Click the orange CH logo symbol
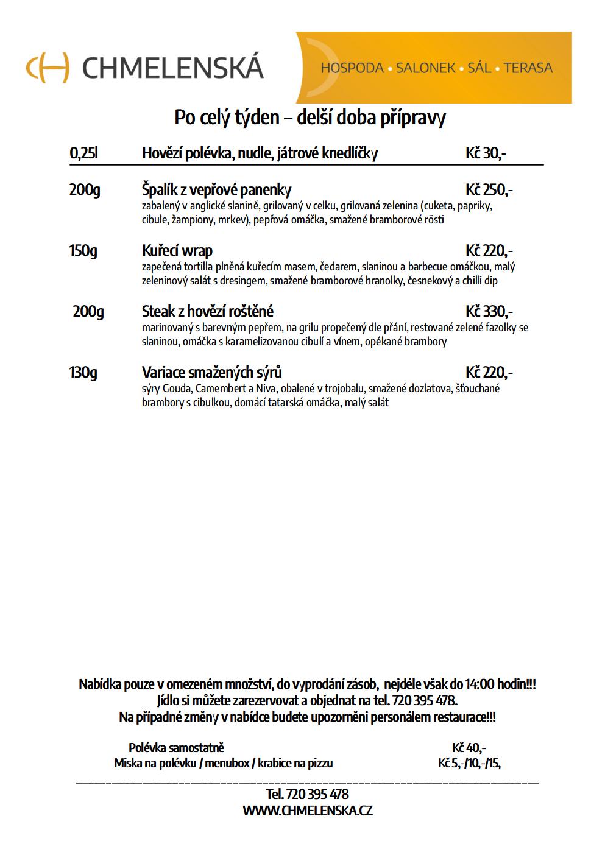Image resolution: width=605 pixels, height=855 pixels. (x=48, y=67)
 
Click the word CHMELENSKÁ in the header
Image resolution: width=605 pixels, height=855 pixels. (x=172, y=68)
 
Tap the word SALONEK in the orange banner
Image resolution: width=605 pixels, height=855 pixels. (x=425, y=68)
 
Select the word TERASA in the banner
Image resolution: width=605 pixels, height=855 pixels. (x=528, y=68)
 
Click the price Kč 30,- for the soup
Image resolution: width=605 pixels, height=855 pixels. (x=486, y=153)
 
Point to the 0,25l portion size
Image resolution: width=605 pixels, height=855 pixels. (x=83, y=153)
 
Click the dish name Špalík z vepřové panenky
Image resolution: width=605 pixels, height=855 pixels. (x=216, y=190)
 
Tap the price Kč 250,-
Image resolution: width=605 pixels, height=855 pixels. (x=489, y=190)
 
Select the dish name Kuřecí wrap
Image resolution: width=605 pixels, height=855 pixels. (x=177, y=251)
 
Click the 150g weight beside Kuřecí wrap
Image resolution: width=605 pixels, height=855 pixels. (x=83, y=251)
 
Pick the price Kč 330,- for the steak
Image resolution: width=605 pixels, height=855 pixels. (x=489, y=312)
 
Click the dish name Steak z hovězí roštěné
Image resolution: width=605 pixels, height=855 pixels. (x=208, y=312)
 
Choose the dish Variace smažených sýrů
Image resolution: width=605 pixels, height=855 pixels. (x=212, y=372)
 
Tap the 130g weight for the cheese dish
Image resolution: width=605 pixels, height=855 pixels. (x=83, y=372)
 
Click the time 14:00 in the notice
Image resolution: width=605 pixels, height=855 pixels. (x=480, y=684)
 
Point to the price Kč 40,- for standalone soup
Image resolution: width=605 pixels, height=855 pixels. (x=469, y=748)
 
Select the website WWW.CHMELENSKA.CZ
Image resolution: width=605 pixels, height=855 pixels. (x=307, y=811)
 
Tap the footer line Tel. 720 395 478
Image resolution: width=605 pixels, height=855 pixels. (x=307, y=795)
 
